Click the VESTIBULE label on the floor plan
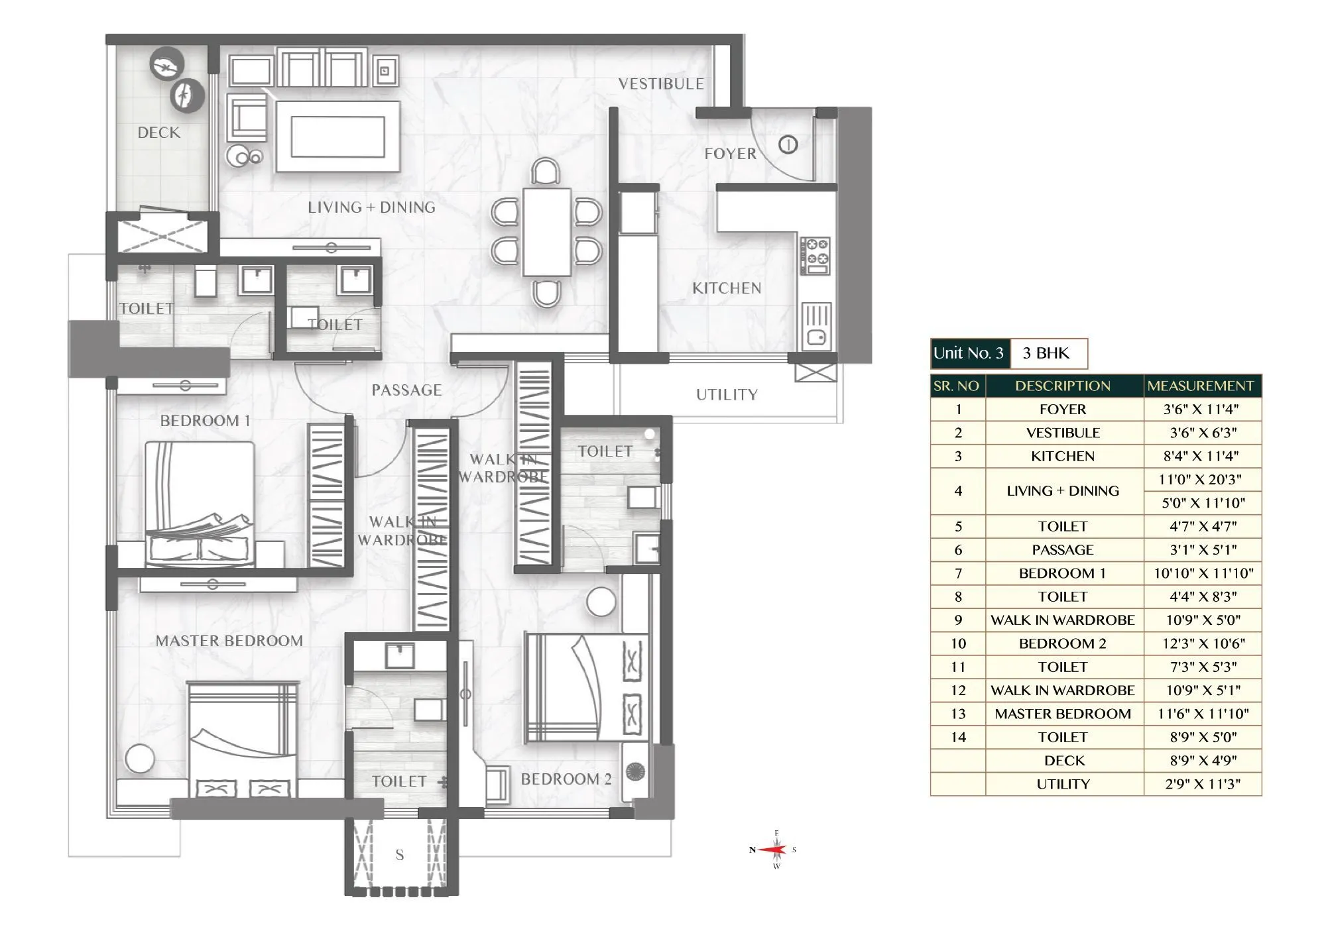coord(661,84)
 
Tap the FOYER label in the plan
coord(730,154)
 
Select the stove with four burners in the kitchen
coord(815,255)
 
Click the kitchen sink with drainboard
coord(816,325)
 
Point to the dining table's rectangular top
coord(547,232)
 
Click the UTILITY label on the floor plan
coord(727,395)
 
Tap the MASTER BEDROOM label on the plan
coord(229,641)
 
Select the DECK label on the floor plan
coord(159,133)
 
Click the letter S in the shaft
coord(400,855)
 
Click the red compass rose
coord(774,850)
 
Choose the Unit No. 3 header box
coord(969,353)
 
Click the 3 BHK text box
coord(1047,353)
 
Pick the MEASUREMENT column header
coord(1201,386)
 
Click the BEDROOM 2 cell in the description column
coord(1063,643)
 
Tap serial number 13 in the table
coord(957,714)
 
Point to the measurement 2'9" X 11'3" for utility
coord(1203,784)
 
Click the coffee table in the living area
coord(338,137)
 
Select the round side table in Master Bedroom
coord(140,759)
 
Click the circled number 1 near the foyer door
coord(788,144)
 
